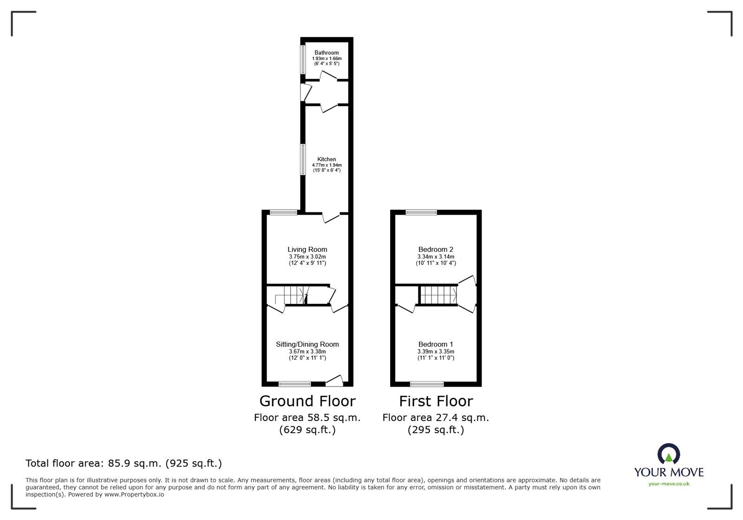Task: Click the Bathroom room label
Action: coord(327,53)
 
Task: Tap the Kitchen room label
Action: coord(327,159)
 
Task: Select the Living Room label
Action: coord(307,249)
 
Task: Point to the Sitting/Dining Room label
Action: coord(307,344)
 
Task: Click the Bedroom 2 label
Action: coord(436,249)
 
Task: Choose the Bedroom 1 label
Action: coord(436,344)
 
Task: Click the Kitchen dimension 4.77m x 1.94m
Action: coord(327,165)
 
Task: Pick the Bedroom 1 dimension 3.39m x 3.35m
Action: coord(436,351)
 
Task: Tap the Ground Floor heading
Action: coord(307,401)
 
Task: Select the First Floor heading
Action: coord(436,401)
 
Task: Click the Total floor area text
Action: coord(124,463)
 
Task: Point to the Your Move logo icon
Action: coord(669,454)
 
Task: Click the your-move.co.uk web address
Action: coord(669,484)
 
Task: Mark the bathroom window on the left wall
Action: coord(303,59)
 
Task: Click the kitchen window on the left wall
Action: coord(303,159)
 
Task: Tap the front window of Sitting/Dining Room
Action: coord(294,384)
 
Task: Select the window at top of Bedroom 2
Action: coord(421,212)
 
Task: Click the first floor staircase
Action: coord(438,295)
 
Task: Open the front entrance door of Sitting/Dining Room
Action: coord(334,381)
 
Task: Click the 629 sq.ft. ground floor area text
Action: coord(307,430)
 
